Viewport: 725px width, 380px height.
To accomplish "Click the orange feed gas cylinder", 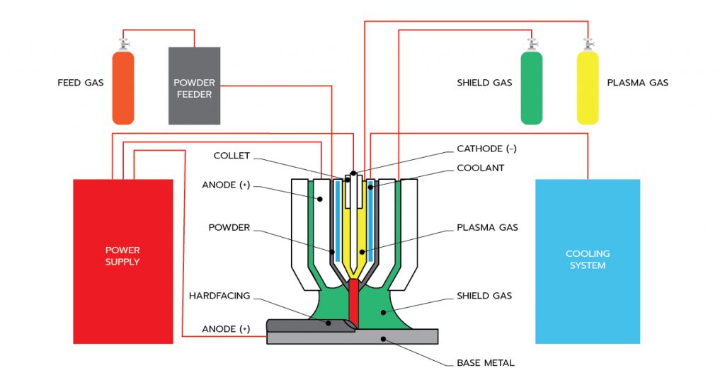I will tap(123, 88).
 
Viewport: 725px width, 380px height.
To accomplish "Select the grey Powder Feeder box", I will tap(194, 86).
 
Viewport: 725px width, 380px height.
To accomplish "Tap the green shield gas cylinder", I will tap(531, 88).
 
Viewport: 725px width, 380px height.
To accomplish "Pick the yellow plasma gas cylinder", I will tap(588, 88).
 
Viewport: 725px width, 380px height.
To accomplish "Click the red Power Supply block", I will tap(123, 261).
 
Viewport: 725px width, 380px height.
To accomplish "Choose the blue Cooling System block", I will tap(587, 261).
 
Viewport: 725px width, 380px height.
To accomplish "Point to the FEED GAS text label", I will tap(80, 83).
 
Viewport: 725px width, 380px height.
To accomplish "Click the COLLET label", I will tap(232, 156).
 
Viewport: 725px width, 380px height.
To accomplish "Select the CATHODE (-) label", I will tap(487, 149).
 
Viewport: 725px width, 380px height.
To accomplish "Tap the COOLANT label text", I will tap(481, 168).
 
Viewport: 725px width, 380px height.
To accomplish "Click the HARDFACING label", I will tap(219, 296).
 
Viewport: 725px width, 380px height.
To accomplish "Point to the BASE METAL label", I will tap(486, 363).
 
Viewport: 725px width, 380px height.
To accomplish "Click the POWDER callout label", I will tap(229, 228).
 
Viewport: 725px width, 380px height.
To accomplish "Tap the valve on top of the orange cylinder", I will tap(123, 44).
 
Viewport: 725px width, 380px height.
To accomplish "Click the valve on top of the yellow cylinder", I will tap(588, 44).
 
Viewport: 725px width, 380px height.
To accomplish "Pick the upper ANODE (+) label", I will tap(226, 186).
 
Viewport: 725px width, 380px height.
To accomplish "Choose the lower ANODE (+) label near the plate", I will tap(226, 329).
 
